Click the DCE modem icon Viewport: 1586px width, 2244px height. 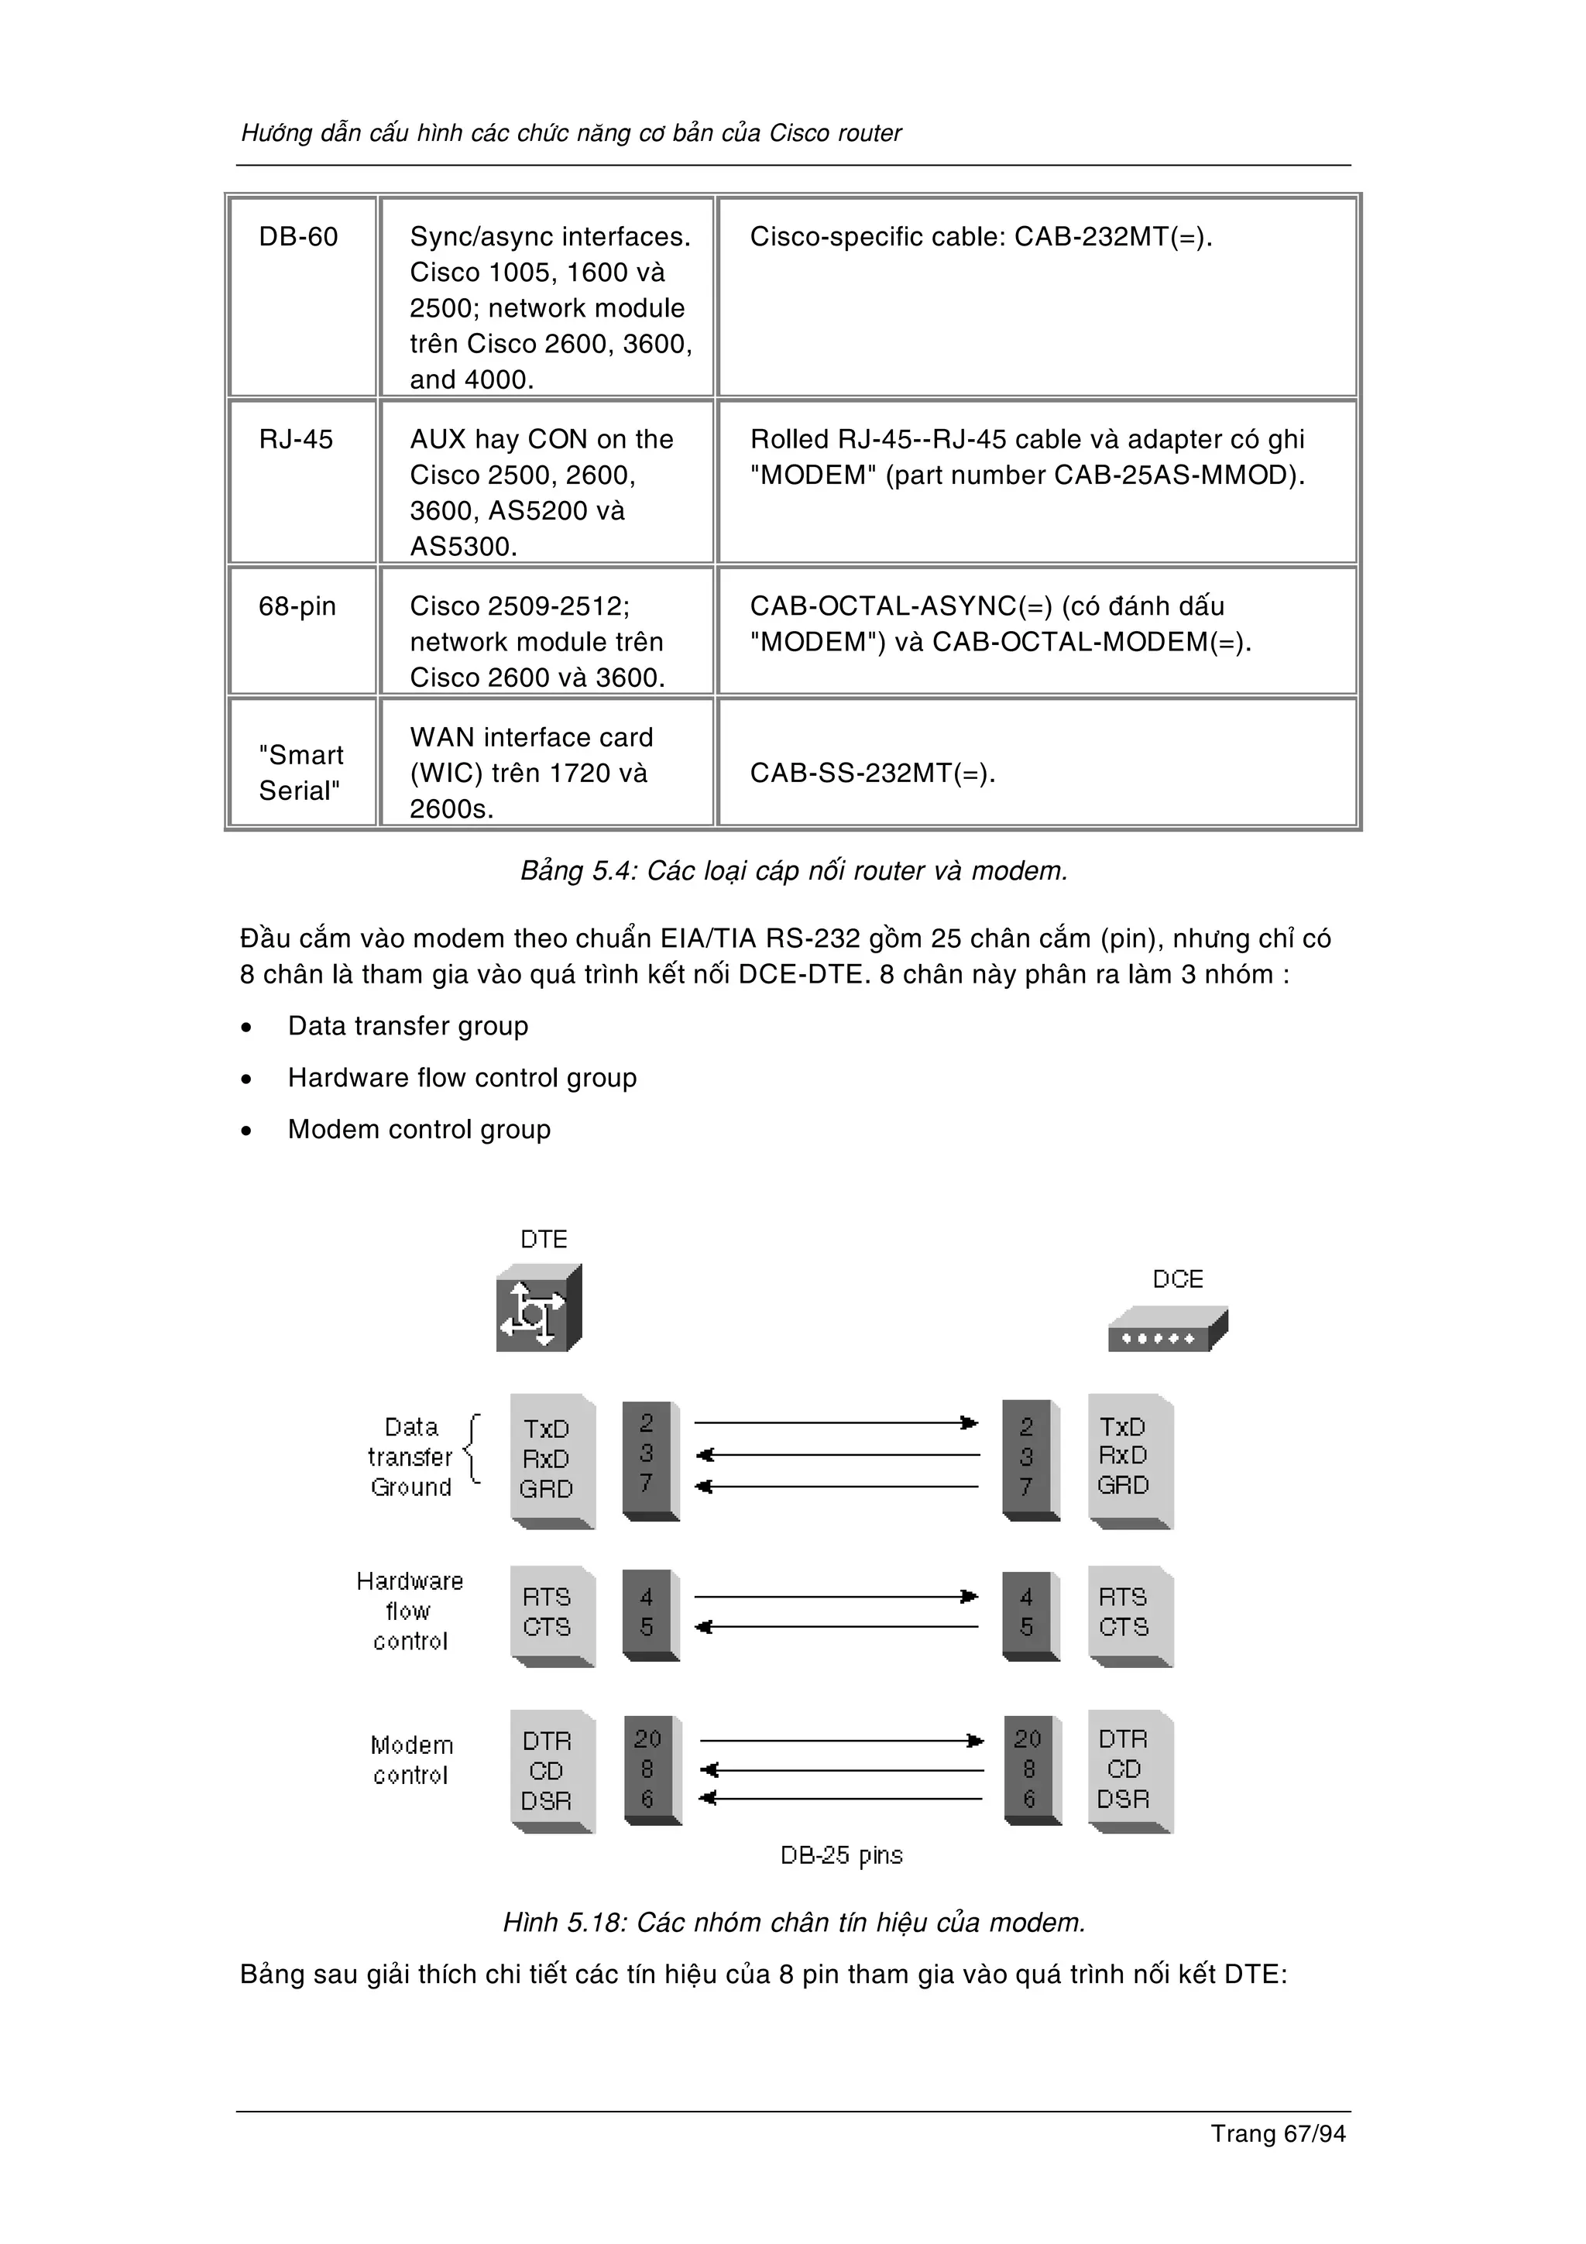(1167, 1330)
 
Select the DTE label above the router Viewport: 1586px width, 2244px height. (544, 1239)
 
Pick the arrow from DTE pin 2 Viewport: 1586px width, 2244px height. (836, 1423)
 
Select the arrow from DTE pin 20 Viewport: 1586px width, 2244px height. (840, 1741)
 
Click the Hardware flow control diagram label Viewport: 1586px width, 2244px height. (410, 1611)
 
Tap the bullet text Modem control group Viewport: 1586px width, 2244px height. (419, 1130)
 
